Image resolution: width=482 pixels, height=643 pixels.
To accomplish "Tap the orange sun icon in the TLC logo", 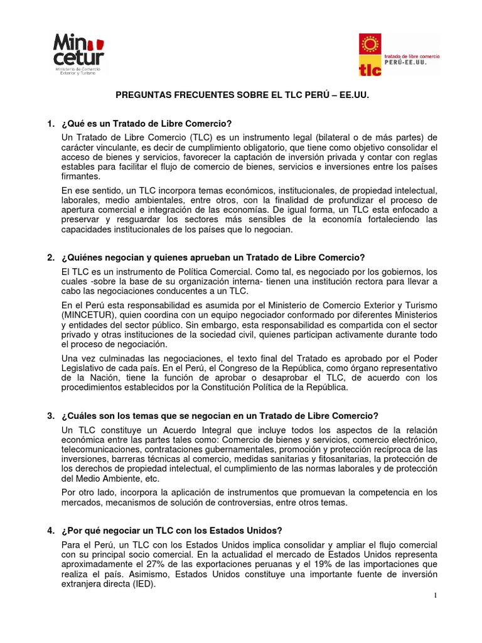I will coord(368,46).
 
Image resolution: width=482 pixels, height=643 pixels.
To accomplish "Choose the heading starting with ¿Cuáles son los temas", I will coord(220,416).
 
